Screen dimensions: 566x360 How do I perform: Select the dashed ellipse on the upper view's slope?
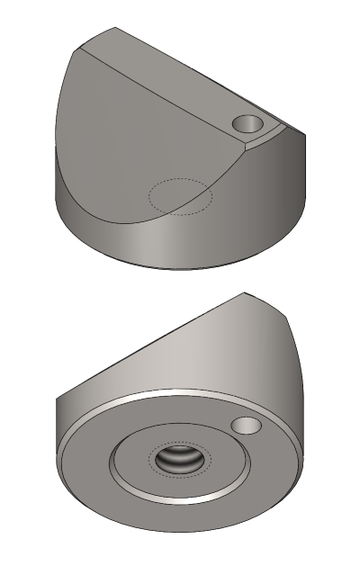pos(180,196)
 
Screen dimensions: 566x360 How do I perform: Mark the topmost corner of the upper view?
pos(115,28)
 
